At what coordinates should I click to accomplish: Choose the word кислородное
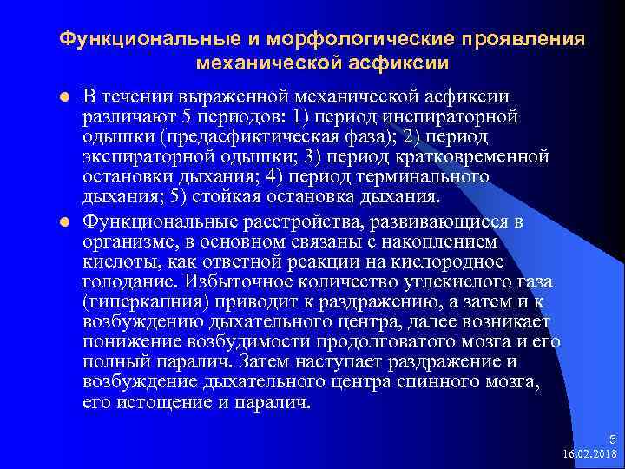[454, 262]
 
